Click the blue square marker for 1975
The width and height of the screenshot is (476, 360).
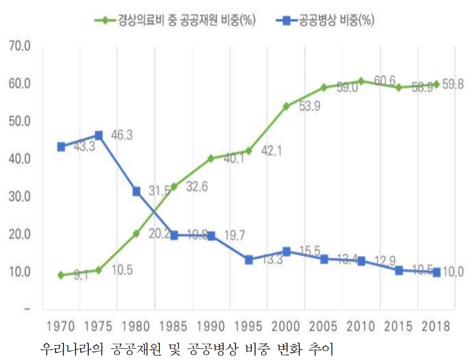pyautogui.click(x=98, y=135)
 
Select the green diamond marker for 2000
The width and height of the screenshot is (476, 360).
pyautogui.click(x=286, y=106)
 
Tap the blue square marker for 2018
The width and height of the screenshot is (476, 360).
pyautogui.click(x=436, y=273)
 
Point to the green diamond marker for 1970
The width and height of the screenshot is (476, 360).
pyautogui.click(x=61, y=275)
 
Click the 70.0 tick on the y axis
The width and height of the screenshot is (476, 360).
pyautogui.click(x=20, y=47)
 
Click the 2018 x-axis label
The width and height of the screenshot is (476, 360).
pyautogui.click(x=436, y=326)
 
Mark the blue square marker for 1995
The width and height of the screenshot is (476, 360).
pyautogui.click(x=249, y=260)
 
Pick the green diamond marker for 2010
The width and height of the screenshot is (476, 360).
pyautogui.click(x=361, y=81)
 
